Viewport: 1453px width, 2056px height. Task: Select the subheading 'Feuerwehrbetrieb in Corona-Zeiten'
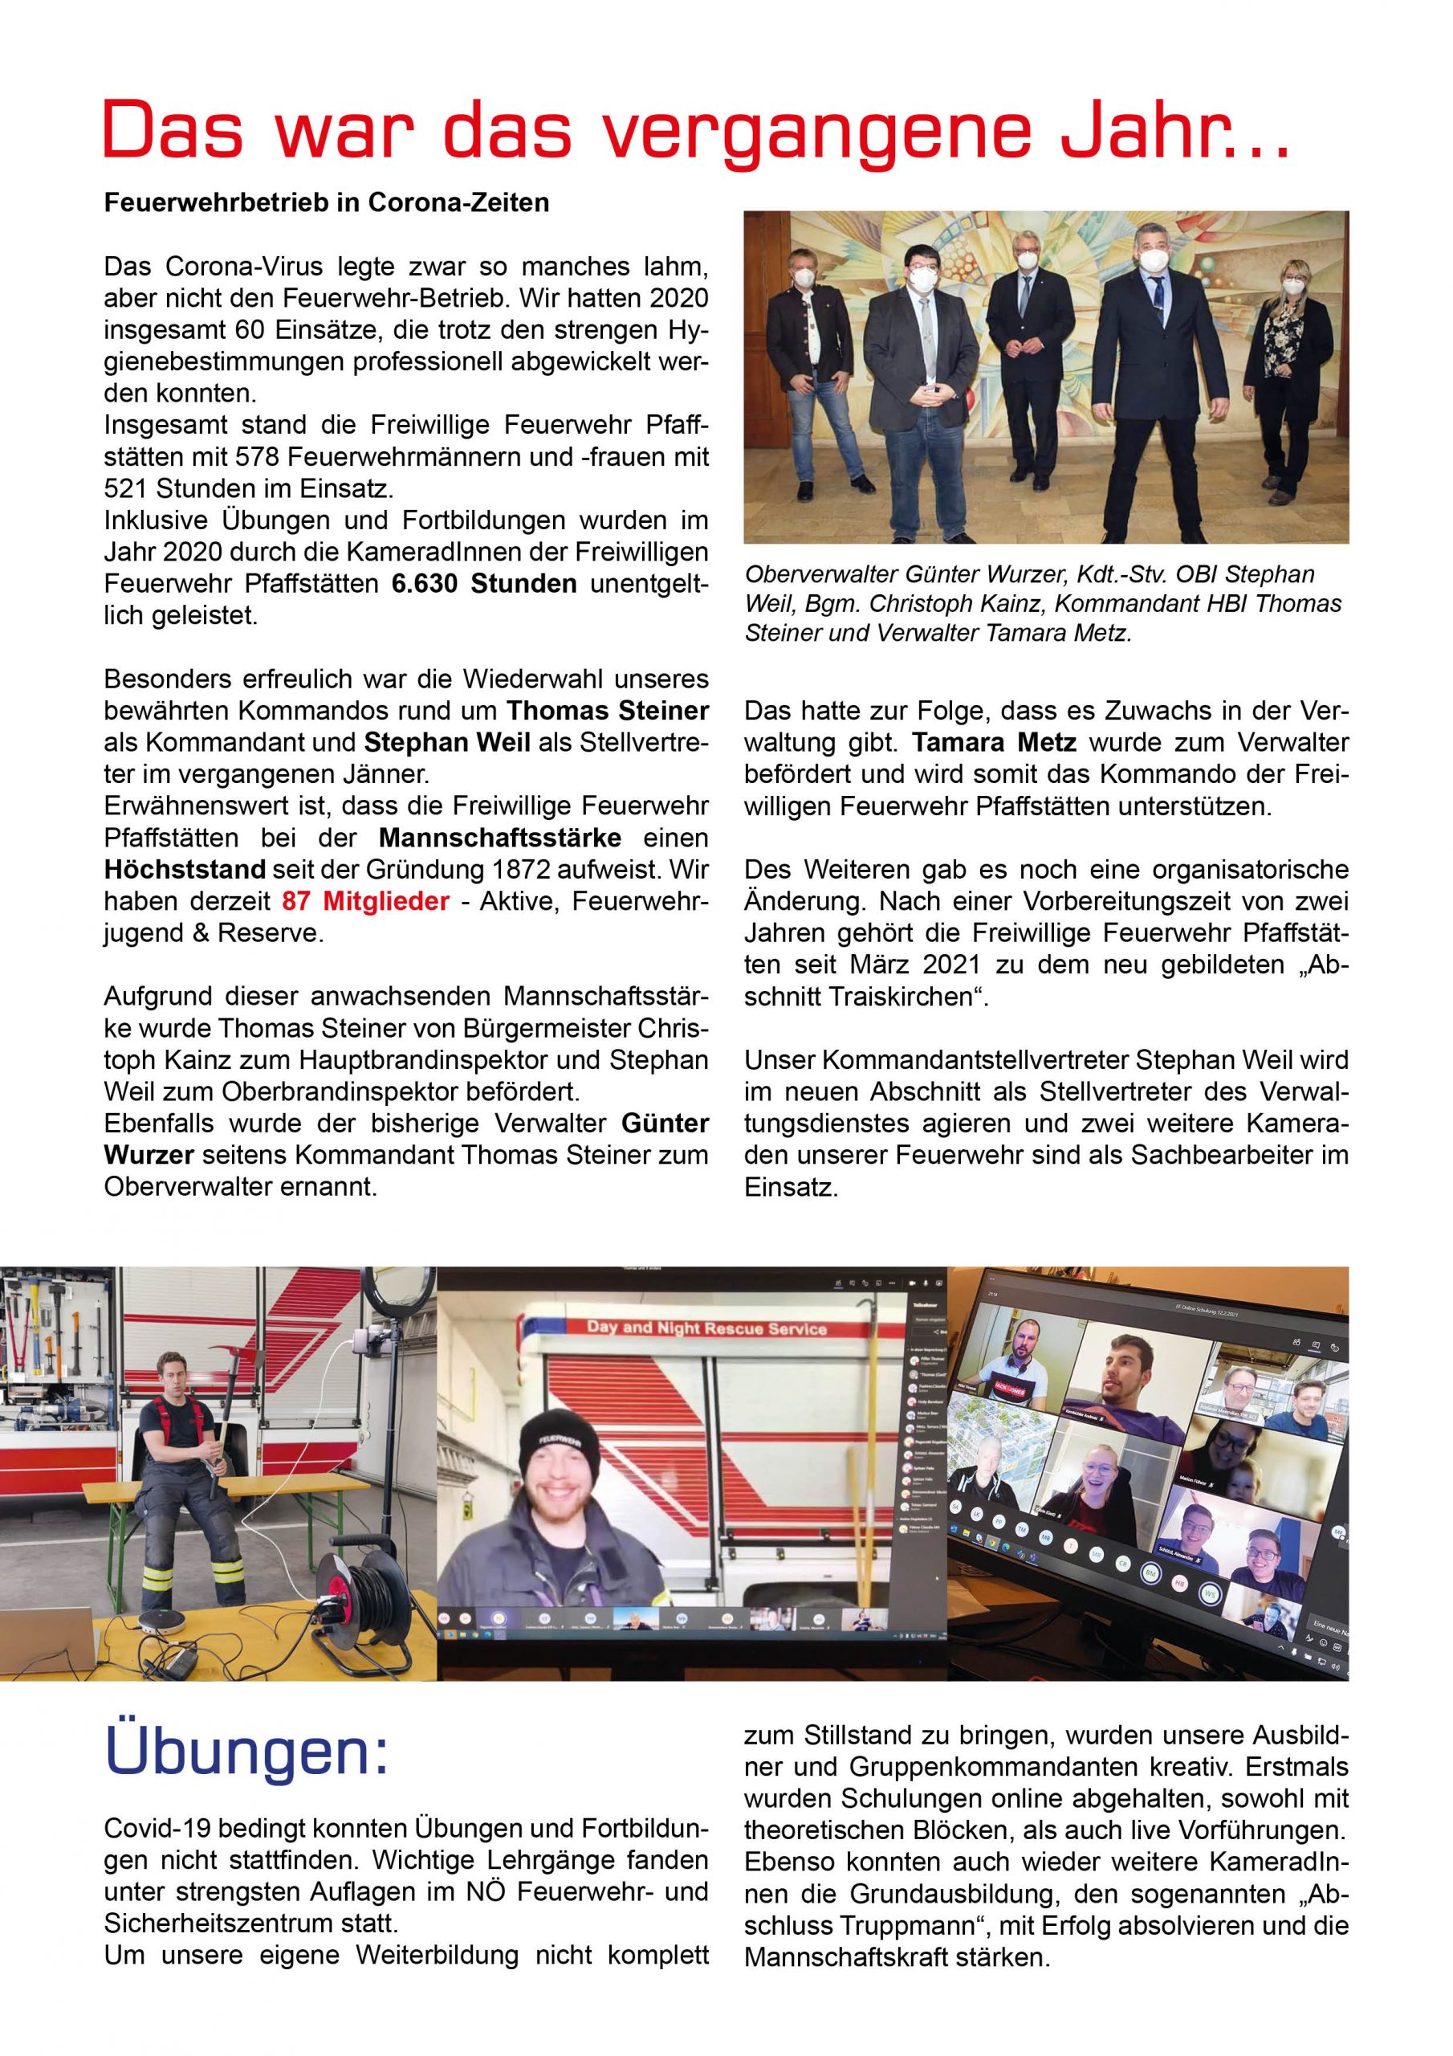pos(327,203)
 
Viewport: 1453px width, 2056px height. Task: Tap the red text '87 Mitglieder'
pos(365,901)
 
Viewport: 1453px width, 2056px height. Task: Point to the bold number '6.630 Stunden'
pos(484,584)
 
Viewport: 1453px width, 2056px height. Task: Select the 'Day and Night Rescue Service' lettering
pos(707,1328)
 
